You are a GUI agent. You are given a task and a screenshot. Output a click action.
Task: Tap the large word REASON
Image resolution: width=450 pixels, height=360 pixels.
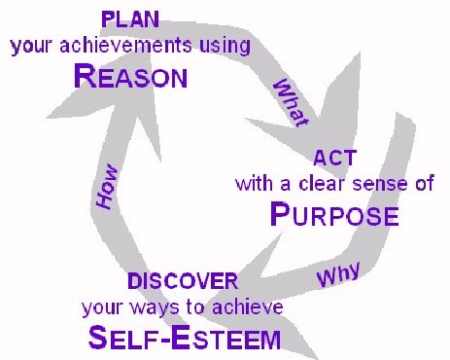129,78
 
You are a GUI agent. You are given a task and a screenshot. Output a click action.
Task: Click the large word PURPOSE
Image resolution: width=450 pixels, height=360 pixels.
333,214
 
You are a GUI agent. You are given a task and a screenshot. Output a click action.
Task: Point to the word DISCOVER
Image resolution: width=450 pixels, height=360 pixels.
183,282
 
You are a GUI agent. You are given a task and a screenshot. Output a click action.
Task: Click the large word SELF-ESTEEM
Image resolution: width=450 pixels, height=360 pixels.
184,340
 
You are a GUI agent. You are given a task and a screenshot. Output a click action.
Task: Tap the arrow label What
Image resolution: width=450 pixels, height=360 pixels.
289,101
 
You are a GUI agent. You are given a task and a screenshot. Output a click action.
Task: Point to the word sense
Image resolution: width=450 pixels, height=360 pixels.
382,184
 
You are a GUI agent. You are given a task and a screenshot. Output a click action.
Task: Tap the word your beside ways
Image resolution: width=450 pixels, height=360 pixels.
100,308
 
